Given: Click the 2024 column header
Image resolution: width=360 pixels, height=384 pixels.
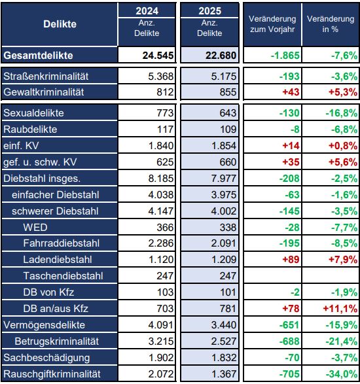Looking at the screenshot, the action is click(x=147, y=11).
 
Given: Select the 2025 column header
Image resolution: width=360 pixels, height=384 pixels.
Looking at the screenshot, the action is click(x=209, y=11).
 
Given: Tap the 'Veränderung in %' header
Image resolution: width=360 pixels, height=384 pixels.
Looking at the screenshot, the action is click(x=331, y=24).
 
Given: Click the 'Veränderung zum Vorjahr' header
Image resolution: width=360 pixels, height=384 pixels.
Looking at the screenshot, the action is click(x=272, y=24).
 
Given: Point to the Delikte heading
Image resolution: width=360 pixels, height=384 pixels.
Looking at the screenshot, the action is click(x=60, y=24).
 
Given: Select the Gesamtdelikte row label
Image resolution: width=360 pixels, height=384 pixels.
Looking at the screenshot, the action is click(x=38, y=56).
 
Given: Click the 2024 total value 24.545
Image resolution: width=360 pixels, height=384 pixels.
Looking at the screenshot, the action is click(x=158, y=56).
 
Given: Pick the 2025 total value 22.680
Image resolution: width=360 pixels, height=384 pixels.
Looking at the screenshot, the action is click(x=221, y=56).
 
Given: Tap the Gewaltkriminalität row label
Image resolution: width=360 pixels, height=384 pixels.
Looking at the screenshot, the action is click(x=44, y=92).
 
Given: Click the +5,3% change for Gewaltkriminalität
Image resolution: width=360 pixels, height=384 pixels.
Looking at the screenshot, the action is click(x=343, y=92).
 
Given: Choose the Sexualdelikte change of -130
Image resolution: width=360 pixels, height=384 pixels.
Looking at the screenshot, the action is click(x=289, y=113).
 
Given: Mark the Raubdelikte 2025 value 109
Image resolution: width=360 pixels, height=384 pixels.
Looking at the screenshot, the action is click(x=228, y=130).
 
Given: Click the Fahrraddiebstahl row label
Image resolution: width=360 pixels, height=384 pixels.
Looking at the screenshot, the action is click(x=62, y=243).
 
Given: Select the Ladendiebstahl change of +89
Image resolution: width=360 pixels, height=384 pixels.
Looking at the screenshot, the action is click(x=291, y=260).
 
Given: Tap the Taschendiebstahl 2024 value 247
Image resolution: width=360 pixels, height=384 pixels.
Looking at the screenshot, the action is click(x=165, y=276).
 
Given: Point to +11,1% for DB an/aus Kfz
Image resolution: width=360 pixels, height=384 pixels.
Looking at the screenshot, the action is click(x=340, y=309).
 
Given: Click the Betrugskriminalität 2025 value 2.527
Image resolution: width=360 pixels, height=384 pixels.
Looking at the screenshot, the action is click(x=224, y=341).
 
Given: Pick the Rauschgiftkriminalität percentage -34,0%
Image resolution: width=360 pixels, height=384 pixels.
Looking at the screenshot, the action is click(x=342, y=374).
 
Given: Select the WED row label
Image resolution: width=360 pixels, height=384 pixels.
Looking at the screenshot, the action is click(x=35, y=227).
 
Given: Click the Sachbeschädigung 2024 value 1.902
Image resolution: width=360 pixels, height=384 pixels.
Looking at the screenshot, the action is click(x=161, y=358).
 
